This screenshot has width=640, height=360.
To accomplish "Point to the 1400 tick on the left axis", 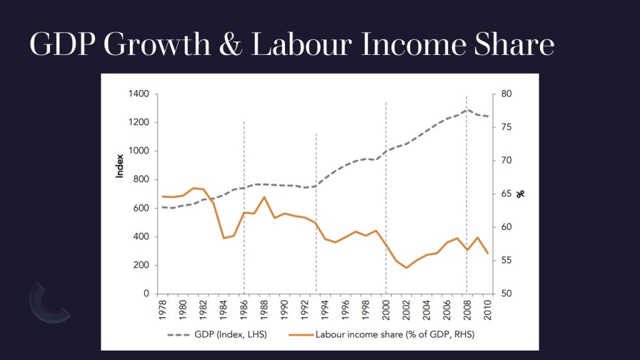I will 139,94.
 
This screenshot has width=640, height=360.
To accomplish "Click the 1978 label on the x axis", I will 162,307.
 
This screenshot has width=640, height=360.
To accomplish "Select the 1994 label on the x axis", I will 325,307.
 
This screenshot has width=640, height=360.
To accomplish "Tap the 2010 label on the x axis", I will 487,307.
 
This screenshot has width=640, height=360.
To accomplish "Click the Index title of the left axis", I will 120,166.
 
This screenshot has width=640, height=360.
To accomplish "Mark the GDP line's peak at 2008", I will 466,110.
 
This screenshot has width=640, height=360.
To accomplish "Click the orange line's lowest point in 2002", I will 406,267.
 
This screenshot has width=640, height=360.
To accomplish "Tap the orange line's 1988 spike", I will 264,197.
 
